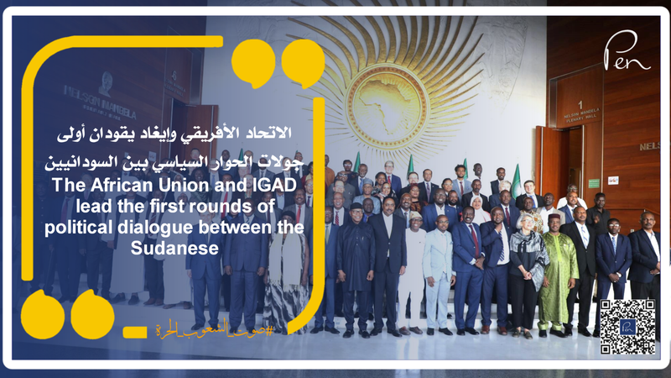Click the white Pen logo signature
(x=626, y=52)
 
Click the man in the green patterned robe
(x=557, y=273)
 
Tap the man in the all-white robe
(x=411, y=269)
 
